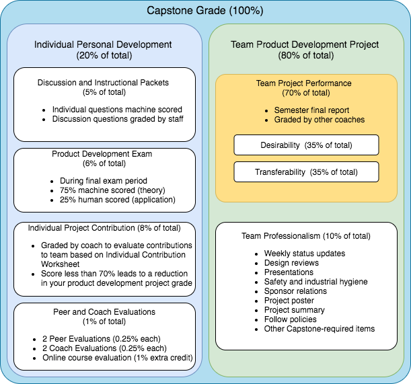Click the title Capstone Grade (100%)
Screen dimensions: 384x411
[x=205, y=11]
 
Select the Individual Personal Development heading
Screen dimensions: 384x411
[x=103, y=45]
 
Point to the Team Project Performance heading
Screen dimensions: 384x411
[x=303, y=83]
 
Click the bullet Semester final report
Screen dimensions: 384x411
[x=310, y=110]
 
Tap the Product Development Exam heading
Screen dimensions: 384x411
[x=102, y=154]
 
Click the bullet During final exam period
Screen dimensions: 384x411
[x=98, y=180]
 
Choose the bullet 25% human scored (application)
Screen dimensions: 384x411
[x=112, y=199]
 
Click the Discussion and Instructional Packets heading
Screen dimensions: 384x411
[x=104, y=83]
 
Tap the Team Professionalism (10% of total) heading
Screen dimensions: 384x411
[x=307, y=236]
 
